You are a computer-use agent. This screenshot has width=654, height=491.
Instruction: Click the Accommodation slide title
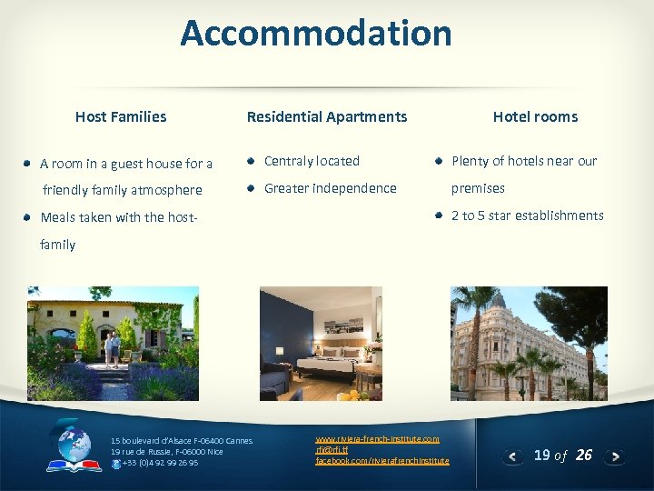(315, 34)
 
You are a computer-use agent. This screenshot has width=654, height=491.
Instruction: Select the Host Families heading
(121, 116)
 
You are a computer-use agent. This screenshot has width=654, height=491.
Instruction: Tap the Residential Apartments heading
(327, 116)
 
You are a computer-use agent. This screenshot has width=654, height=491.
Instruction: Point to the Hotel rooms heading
(535, 116)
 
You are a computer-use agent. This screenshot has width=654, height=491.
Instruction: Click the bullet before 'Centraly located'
(250, 161)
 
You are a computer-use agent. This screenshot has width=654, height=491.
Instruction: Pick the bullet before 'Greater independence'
(250, 188)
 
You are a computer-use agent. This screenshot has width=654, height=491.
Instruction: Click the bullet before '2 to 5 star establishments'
(438, 215)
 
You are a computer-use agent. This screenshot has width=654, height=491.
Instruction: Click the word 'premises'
(478, 188)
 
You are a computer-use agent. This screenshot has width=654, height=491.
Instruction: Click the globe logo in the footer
(74, 446)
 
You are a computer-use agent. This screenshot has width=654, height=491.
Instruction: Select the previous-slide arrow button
(513, 456)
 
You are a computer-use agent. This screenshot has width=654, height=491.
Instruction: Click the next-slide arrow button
(615, 456)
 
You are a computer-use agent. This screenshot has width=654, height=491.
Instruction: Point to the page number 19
(542, 455)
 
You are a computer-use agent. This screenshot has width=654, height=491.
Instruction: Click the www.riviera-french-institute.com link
(377, 439)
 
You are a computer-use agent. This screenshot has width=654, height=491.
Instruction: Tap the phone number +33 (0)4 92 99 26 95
(159, 463)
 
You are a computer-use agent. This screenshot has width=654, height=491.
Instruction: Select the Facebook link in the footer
(381, 461)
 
